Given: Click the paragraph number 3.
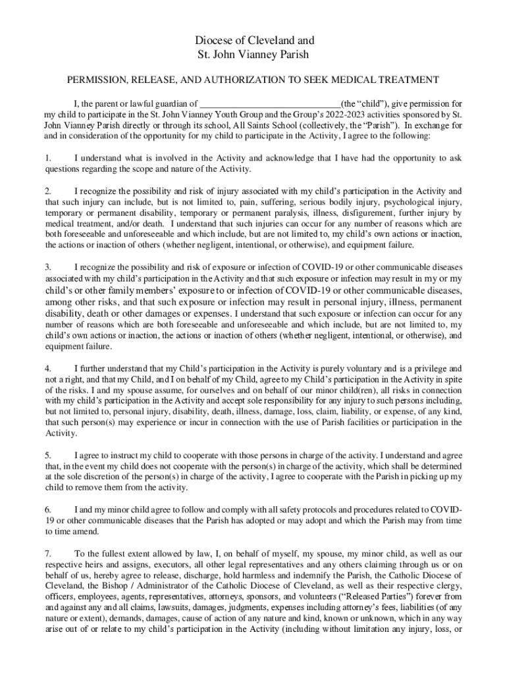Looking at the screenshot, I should [47, 267].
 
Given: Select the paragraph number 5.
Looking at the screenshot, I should [47, 455].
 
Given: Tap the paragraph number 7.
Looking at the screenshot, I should [47, 554].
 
